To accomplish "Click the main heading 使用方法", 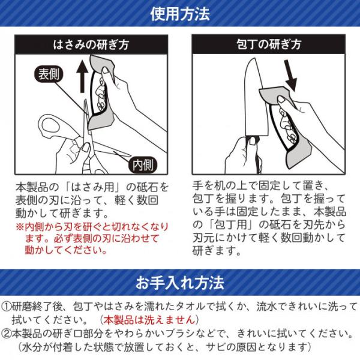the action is tap(180, 14).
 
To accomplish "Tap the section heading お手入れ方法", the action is tap(180, 283).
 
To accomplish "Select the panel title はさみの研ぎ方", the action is tap(91, 44).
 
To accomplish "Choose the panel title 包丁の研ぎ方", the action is tap(269, 44).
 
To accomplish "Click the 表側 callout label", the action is tap(49, 74).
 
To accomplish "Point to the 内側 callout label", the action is tap(143, 164).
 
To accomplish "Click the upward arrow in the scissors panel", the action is tap(82, 77).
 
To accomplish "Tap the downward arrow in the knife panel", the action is tap(290, 75).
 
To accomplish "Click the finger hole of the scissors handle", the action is tap(49, 125).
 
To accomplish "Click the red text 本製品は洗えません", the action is tap(149, 320).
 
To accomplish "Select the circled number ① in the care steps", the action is tap(6, 306).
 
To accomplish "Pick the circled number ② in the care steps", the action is tap(6, 334).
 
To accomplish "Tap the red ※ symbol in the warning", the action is tap(20, 227).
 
